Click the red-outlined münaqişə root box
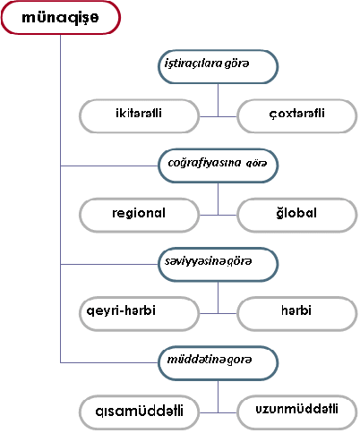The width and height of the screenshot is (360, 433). click(x=61, y=18)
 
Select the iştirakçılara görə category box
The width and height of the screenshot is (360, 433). click(x=218, y=67)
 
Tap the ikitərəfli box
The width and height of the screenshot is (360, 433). click(x=139, y=116)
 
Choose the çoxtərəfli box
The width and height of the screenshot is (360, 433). click(x=297, y=116)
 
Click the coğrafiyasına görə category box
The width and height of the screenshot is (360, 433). click(x=218, y=166)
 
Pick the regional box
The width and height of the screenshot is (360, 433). click(x=139, y=215)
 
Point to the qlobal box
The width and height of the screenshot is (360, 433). click(x=297, y=215)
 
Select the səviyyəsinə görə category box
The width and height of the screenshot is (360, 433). click(x=218, y=264)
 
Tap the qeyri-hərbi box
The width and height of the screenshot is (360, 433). click(x=139, y=313)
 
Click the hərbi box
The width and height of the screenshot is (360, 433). click(x=297, y=313)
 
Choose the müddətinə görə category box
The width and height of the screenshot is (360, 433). click(x=218, y=363)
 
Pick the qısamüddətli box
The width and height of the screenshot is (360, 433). click(x=139, y=412)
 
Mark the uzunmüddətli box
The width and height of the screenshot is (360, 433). click(x=297, y=412)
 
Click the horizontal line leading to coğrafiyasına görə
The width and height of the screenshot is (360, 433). click(x=109, y=166)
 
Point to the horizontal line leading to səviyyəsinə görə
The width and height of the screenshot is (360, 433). click(x=109, y=264)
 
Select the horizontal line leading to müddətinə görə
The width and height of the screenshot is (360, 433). click(x=109, y=362)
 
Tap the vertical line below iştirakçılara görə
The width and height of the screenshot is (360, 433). click(x=218, y=100)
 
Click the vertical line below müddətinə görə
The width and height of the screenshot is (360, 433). click(x=218, y=396)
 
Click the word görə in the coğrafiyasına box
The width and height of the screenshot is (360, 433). click(x=256, y=164)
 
